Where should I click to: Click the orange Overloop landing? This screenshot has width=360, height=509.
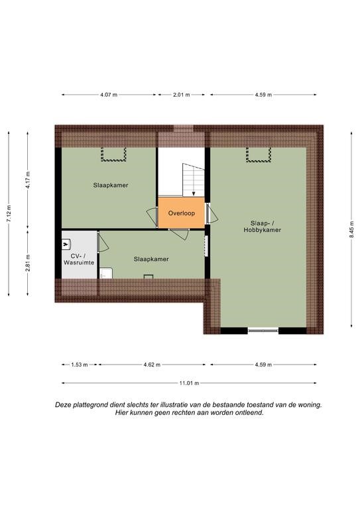coord(182,213)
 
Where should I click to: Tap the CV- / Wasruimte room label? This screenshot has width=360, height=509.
coord(79,259)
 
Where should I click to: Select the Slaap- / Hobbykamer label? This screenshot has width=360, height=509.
coord(263,227)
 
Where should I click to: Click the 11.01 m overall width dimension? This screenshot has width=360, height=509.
coord(189,383)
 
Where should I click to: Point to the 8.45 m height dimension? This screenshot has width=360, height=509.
coord(351,229)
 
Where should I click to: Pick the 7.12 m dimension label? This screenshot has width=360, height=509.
coord(9,213)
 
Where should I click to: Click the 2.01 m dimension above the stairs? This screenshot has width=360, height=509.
coord(182,95)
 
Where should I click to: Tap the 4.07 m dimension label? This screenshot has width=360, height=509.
coord(109,95)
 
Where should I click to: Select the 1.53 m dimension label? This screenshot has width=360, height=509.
coord(80,365)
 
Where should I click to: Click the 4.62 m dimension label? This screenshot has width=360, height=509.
coord(152,365)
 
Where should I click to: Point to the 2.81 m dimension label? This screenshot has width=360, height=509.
coord(28,262)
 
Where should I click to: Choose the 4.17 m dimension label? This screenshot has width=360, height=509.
coord(28,180)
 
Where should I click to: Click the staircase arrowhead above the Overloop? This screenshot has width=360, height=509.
coord(194,194)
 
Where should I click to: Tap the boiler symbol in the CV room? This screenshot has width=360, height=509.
coord(66,245)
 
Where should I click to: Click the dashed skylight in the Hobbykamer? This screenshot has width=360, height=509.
coord(259,154)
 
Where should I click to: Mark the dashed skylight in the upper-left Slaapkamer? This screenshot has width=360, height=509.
coord(113,154)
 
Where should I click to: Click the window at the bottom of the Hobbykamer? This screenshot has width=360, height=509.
coord(263,331)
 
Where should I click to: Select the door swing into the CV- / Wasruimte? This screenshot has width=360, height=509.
coord(103,243)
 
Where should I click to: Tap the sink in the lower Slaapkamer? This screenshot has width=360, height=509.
coord(106,273)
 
